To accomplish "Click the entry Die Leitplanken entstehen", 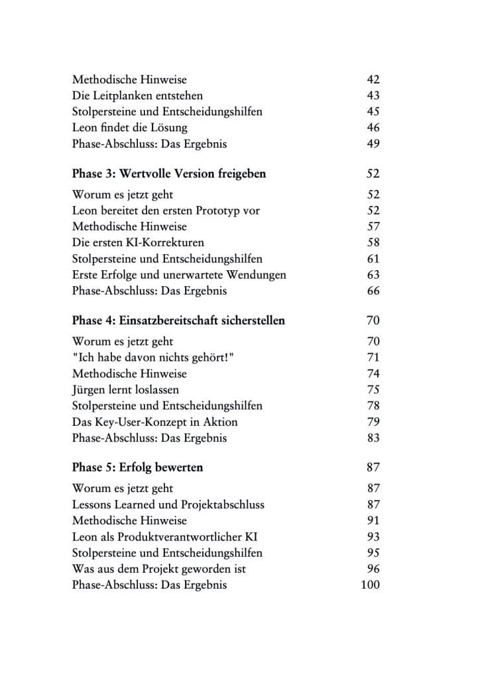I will click(137, 95).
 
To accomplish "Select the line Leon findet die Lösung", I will click(129, 128).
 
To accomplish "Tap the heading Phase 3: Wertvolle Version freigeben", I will click(169, 173).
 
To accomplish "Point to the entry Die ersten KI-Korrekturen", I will click(138, 242).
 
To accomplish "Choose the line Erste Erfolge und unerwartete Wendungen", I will click(179, 275).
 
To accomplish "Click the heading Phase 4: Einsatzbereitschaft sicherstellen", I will click(178, 320).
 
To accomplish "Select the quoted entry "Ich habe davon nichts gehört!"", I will click(155, 358).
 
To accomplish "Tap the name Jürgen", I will click(90, 389).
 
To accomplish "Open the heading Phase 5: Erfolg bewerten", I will click(137, 467).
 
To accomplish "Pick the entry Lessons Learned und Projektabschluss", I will click(168, 505).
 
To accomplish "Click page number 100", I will click(370, 585).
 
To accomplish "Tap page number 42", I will click(373, 79).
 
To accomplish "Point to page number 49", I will click(373, 144).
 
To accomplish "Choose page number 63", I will click(373, 275).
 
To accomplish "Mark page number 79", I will click(373, 422).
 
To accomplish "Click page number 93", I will click(373, 536).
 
